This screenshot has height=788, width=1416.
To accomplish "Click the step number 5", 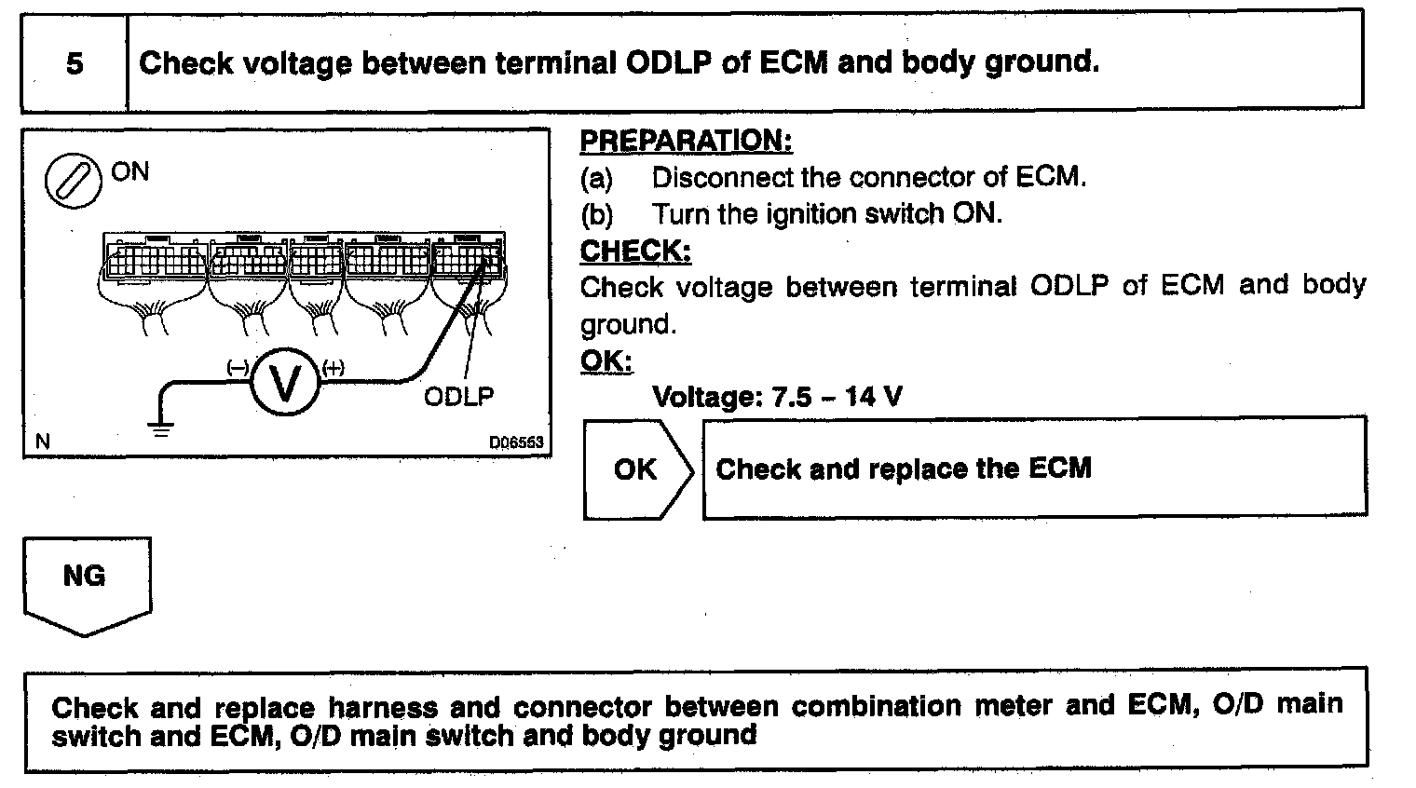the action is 75,63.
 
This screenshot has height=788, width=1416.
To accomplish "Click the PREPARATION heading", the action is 686,141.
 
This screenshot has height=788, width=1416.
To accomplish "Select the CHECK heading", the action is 635,251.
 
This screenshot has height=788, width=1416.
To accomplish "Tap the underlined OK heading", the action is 606,360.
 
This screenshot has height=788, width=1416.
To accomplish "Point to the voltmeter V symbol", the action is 285,384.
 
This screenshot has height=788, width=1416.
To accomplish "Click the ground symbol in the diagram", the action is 161,429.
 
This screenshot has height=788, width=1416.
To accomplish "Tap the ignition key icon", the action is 73,180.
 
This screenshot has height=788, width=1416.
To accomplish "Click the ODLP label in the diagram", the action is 459,397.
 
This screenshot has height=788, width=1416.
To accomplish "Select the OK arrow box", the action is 637,469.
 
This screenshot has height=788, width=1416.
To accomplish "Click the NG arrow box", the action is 85,579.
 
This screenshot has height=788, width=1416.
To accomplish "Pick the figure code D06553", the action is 516,442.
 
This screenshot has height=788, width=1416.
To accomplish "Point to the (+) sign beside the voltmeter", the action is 334,368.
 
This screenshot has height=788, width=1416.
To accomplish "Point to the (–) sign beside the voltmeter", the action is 238,368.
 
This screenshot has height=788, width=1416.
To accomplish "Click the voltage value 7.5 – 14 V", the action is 837,398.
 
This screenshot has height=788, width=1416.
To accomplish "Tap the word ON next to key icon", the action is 129,171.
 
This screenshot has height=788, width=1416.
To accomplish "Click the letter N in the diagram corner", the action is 42,442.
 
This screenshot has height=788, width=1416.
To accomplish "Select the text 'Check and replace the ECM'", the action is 903,468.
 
